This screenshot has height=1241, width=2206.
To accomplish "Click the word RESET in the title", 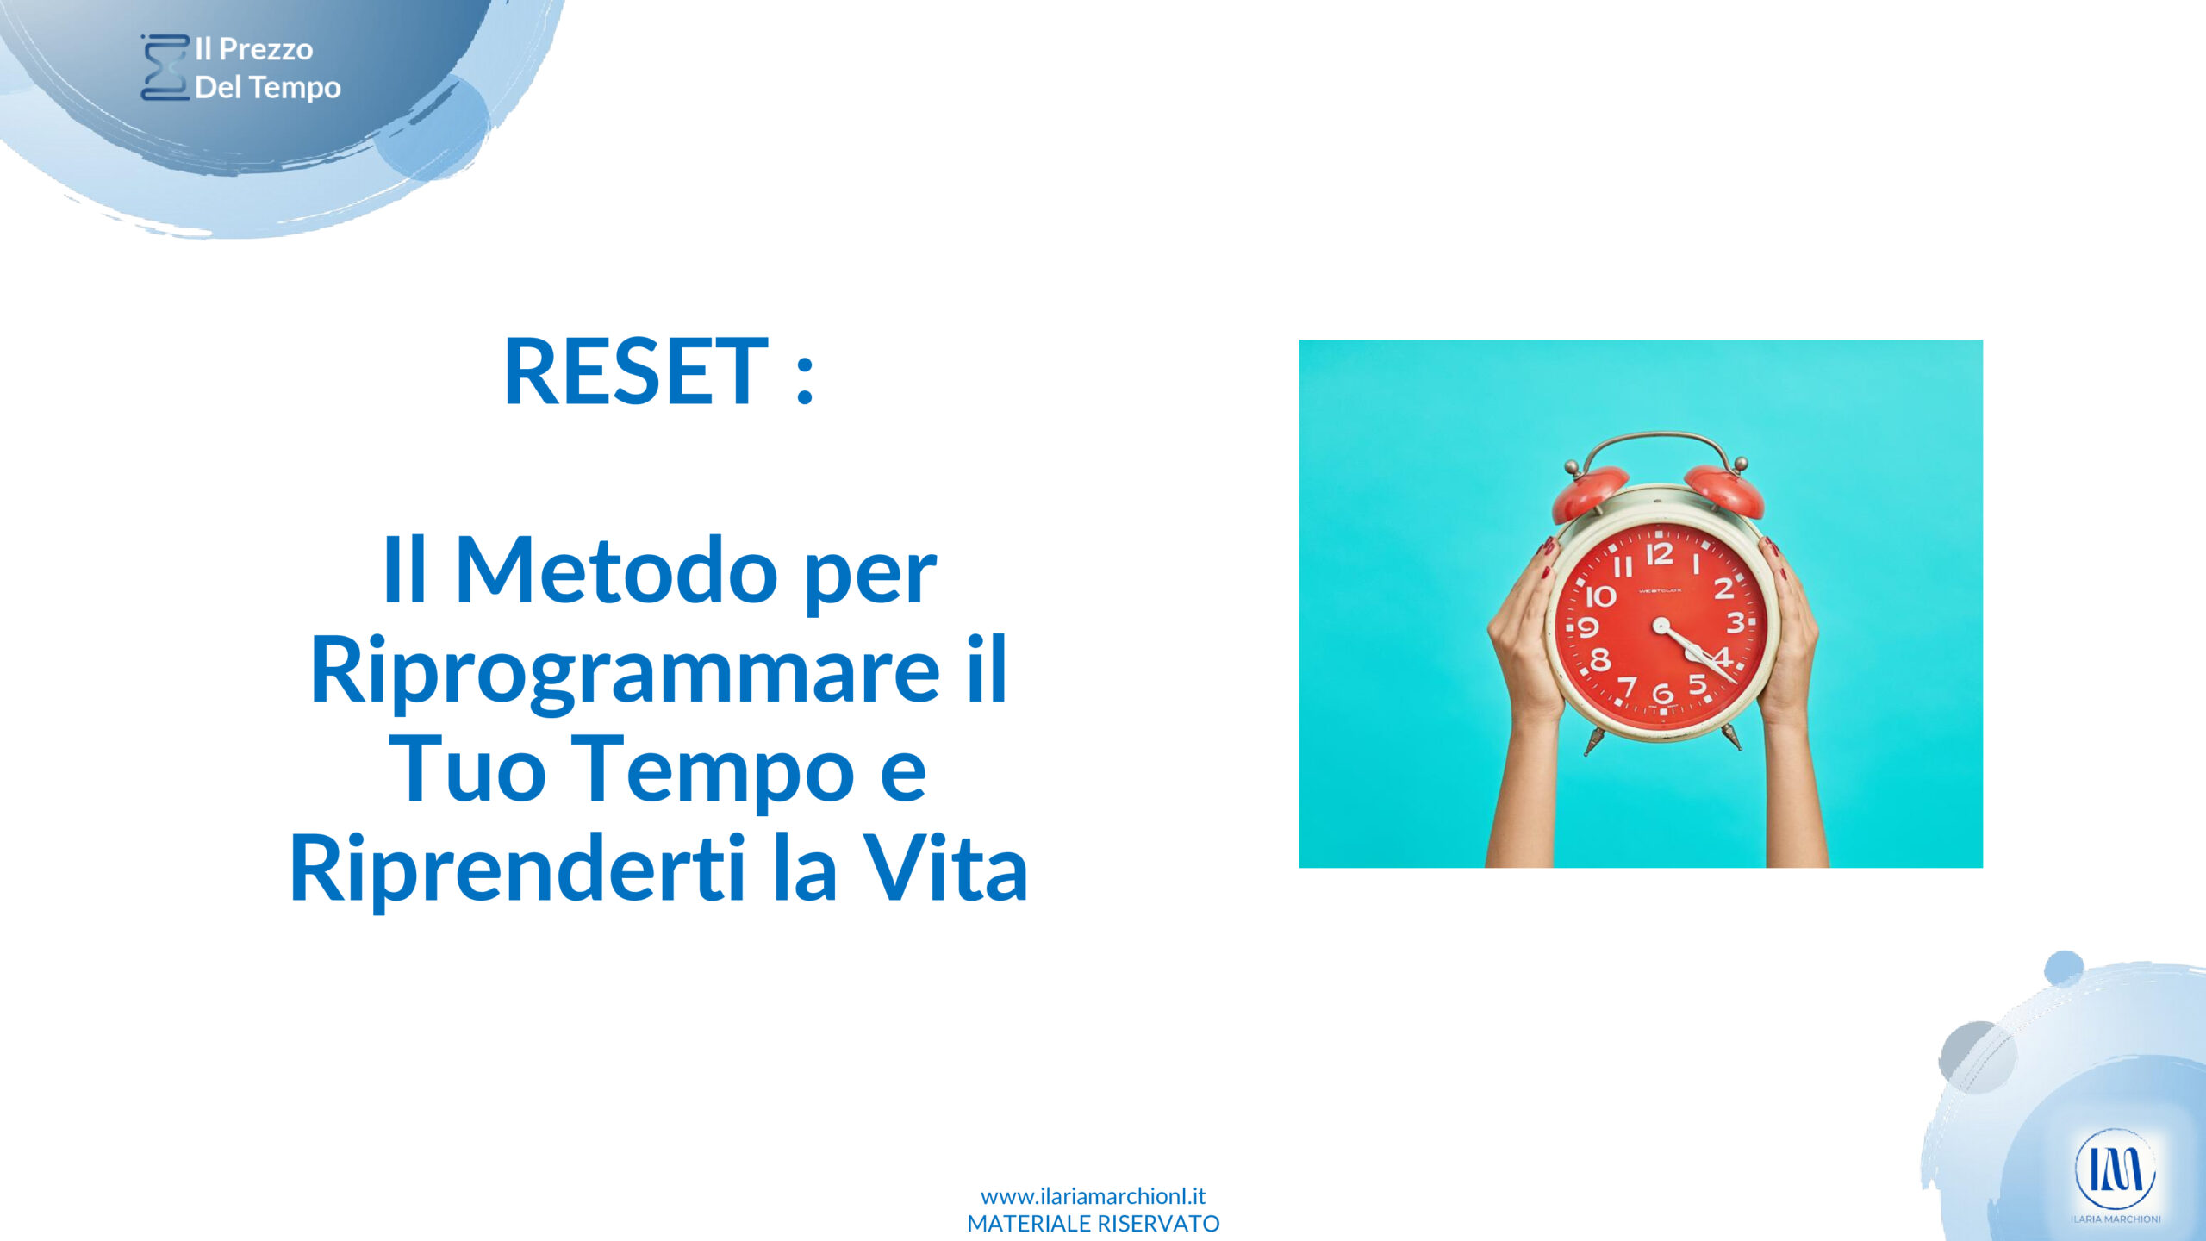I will point(635,372).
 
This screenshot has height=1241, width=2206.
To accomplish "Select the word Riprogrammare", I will point(625,670).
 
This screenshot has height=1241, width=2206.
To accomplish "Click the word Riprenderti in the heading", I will point(518,869).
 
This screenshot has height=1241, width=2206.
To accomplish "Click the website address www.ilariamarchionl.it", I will point(1093,1196).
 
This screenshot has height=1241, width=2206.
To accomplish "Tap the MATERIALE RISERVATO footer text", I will point(1093,1224).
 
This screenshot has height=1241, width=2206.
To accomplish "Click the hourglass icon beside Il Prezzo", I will point(165,67).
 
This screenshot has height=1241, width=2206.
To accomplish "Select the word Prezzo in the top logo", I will point(266,49).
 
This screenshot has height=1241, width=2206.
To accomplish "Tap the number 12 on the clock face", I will point(1659,554).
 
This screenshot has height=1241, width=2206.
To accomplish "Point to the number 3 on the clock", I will point(1735,622).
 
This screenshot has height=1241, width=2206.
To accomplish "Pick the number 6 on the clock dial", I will point(1662,692).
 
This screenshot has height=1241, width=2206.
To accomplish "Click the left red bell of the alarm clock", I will point(1590,494).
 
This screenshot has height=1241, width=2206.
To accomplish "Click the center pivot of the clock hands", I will point(1661,624).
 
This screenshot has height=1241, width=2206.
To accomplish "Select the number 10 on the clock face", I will point(1601,596).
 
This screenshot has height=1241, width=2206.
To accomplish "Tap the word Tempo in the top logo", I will point(296,87).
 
